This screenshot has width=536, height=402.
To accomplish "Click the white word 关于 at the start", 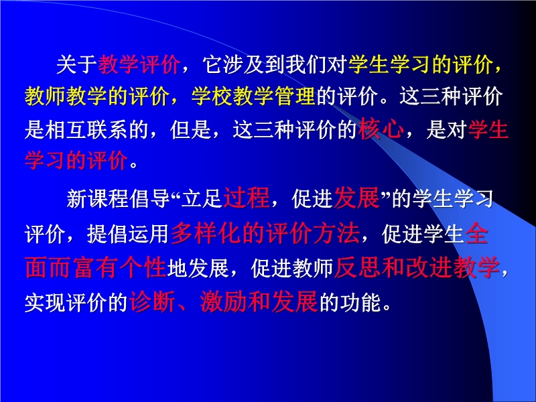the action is [77, 64].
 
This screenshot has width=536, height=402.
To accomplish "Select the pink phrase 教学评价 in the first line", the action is [139, 64].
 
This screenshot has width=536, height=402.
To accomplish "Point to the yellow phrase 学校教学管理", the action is [253, 96].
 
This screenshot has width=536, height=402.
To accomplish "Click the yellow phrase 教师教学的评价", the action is [97, 96].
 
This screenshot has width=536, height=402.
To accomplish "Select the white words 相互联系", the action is [86, 130].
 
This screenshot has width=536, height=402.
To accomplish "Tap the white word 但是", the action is [191, 130].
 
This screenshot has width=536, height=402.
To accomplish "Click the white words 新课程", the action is [97, 199].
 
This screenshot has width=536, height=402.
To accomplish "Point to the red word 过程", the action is [247, 198].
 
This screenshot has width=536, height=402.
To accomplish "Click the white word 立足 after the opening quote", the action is [202, 199].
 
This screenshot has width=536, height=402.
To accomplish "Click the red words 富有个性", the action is [120, 267].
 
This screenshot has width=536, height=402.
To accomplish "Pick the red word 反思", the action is [358, 267].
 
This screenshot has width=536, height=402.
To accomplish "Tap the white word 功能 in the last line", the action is [360, 303].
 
